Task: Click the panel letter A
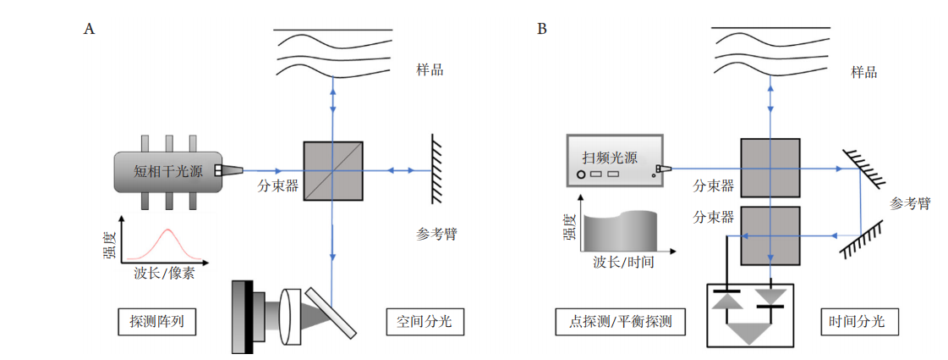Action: pos(89,29)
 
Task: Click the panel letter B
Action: pos(542,29)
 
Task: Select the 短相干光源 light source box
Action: pos(168,172)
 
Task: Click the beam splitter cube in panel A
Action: pos(332,170)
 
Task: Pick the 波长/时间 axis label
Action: pos(624,263)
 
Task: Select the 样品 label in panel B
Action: pos(864,72)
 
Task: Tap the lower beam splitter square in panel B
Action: pos(770,235)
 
